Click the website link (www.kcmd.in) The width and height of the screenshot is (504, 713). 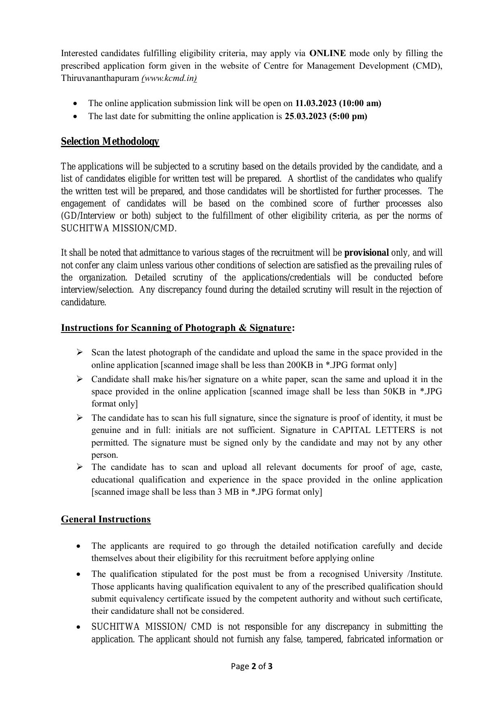pos(169,78)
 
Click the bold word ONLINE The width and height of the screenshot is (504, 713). pos(327,53)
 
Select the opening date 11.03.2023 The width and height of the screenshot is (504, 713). pos(316,103)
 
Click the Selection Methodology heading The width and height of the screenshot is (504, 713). pos(110,141)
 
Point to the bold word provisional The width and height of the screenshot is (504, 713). pos(366,253)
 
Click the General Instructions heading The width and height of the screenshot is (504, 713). pos(106,520)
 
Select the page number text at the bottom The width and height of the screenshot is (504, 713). pos(252,666)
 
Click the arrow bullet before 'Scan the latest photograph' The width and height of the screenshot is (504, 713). pos(80,352)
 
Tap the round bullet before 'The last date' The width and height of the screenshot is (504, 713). pos(75,117)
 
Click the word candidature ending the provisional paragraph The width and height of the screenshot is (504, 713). pos(83,302)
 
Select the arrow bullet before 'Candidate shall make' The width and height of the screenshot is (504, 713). pos(80,379)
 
